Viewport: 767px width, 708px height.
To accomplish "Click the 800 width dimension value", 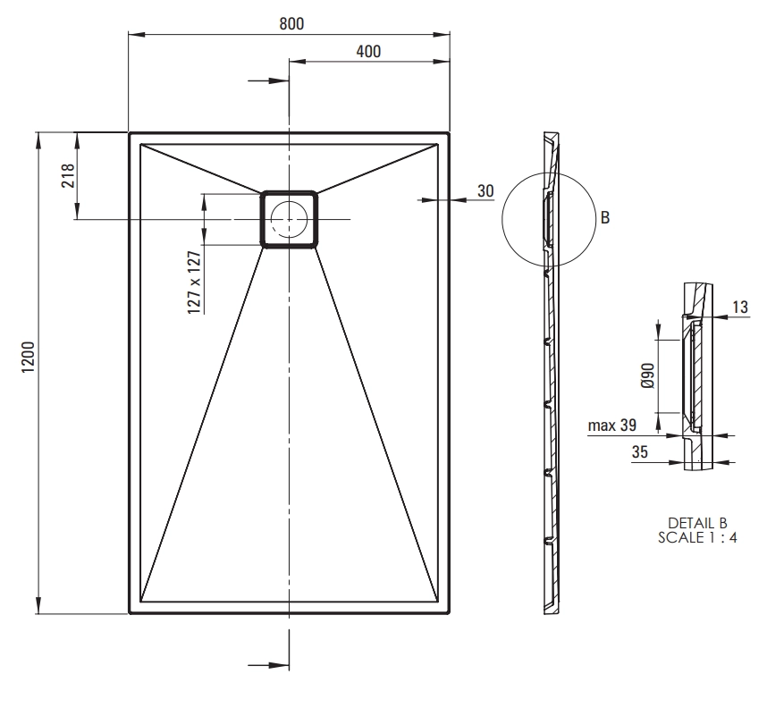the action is click(291, 23).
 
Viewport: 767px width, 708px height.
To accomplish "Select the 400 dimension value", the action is click(368, 51).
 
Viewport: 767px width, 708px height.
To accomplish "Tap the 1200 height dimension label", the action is click(29, 357).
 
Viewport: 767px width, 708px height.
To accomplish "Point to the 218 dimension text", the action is click(68, 175).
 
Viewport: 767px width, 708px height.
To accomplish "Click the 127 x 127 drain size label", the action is click(194, 282).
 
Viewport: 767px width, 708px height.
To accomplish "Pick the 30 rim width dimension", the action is click(485, 190).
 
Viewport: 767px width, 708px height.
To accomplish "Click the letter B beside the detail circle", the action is click(605, 217).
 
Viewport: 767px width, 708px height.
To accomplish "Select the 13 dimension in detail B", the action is click(740, 307).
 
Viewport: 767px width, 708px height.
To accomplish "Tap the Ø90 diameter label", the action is click(647, 375).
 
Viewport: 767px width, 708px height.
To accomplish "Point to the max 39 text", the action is click(612, 426).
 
